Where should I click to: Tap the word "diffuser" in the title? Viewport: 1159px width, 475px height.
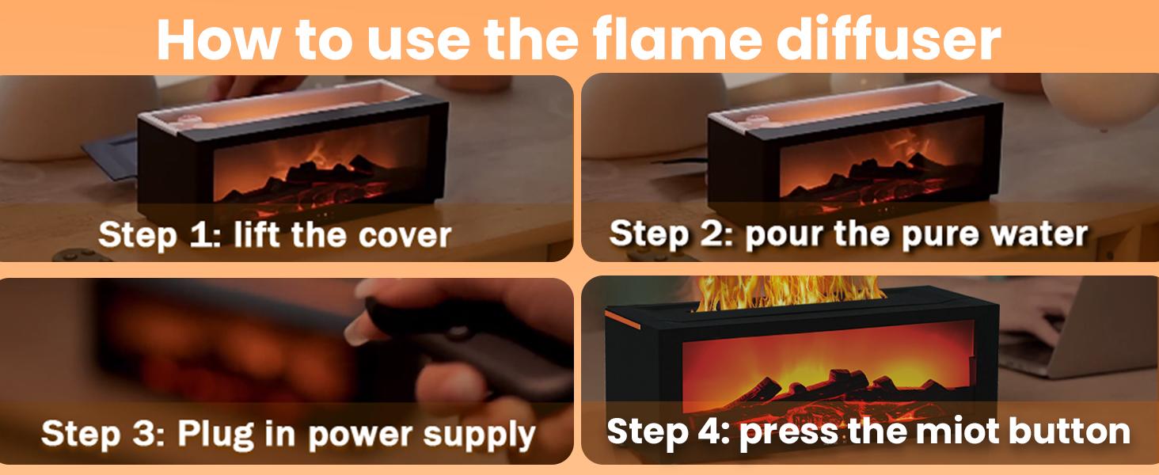tap(888, 40)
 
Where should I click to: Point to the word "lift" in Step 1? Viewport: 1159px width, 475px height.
tap(257, 234)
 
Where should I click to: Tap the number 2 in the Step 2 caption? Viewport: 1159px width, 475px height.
tap(718, 234)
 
